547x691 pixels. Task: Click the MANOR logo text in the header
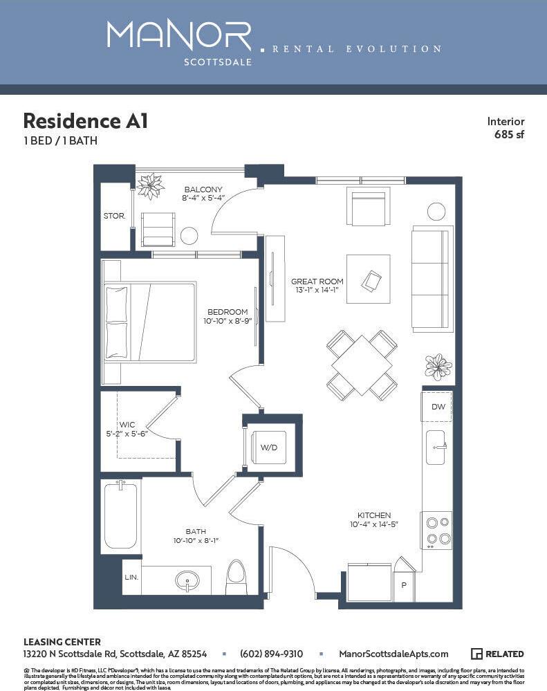coord(179,35)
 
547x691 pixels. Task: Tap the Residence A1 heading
coord(85,121)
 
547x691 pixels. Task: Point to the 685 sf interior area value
coord(509,135)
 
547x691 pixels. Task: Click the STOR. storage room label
coord(114,216)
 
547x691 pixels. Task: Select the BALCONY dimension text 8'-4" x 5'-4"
coord(203,199)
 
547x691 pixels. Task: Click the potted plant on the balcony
coord(149,185)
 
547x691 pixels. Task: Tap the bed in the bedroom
coord(150,322)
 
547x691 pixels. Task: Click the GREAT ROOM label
coord(317,282)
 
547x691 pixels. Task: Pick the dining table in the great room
coord(362,365)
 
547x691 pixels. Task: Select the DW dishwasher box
coord(438,407)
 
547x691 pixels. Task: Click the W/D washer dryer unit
coord(268,448)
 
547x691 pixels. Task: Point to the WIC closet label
coord(127,424)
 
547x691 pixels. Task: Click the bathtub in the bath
coord(121,516)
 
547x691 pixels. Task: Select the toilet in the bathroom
coord(236,577)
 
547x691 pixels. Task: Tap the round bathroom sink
coord(186,580)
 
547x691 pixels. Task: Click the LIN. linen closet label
coord(131,577)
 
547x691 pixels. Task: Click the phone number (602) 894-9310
coord(271,654)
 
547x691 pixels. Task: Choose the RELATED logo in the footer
coord(497,654)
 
